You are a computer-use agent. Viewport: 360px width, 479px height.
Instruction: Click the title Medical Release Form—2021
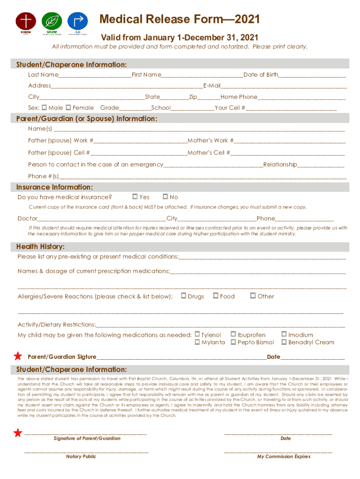[180, 20]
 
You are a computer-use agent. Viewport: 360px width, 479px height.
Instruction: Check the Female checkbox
[68, 108]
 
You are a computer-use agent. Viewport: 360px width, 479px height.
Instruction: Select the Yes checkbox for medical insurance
[135, 197]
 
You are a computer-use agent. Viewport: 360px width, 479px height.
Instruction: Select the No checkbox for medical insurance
[165, 197]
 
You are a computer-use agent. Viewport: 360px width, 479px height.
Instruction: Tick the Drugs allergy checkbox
[184, 296]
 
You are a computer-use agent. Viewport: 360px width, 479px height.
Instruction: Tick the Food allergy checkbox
[216, 296]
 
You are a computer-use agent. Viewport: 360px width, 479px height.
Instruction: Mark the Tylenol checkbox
[197, 334]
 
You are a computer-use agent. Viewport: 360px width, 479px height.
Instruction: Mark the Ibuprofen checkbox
[233, 334]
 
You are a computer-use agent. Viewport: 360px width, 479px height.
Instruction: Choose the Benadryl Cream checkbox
[284, 342]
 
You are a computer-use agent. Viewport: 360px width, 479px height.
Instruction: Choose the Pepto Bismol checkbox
[233, 342]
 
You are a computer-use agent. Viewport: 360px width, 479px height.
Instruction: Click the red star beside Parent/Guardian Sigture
[18, 356]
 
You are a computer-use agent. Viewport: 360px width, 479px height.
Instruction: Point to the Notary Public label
[81, 457]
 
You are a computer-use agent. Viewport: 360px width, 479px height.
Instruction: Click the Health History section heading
[41, 247]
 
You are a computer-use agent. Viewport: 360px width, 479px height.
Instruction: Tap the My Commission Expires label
[283, 457]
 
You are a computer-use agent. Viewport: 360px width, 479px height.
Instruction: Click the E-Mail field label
[212, 86]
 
